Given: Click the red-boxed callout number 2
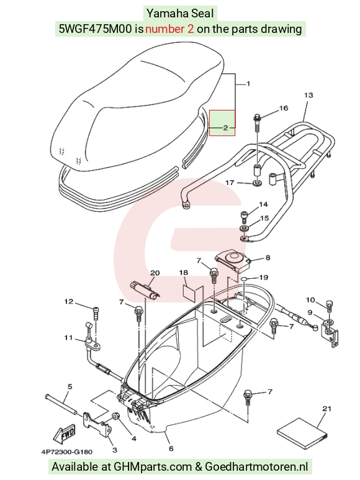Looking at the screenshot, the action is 225,127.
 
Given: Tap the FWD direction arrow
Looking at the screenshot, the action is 64,433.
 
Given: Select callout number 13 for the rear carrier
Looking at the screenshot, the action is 308,95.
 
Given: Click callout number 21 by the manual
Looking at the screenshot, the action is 326,409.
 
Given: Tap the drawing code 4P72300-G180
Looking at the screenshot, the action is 66,452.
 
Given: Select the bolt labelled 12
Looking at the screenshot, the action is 96,313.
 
